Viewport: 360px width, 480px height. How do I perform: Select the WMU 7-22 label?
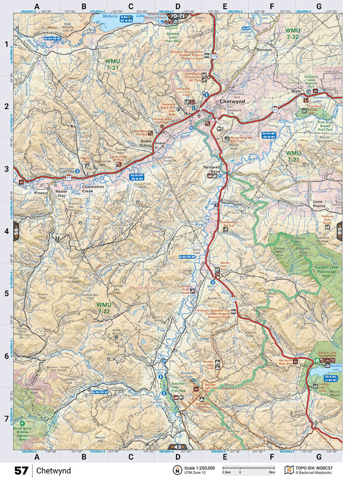pyautogui.click(x=104, y=307)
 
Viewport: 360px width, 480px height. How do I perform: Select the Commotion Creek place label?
pyautogui.click(x=93, y=190)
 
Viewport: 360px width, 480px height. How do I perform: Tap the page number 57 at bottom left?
pyautogui.click(x=21, y=470)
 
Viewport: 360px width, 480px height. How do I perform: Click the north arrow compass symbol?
pyautogui.click(x=175, y=470)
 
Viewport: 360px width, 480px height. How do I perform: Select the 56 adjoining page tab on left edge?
pyautogui.click(x=16, y=230)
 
